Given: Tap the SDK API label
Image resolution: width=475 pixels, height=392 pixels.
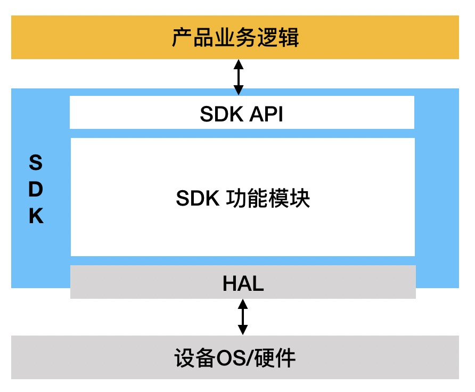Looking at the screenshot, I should (241, 114).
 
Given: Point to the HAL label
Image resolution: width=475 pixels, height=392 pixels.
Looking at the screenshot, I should (243, 284).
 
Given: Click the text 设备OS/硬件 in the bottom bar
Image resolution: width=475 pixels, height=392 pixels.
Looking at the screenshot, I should (235, 358).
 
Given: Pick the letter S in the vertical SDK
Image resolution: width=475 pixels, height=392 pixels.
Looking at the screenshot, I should (35, 162).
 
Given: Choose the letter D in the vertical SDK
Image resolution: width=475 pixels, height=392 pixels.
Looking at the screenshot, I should (36, 190).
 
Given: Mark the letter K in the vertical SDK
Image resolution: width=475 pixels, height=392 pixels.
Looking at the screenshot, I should (36, 217).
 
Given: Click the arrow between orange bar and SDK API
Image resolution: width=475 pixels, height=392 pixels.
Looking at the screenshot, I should (239, 77).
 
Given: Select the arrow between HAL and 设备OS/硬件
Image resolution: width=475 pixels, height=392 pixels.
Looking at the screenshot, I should (243, 317).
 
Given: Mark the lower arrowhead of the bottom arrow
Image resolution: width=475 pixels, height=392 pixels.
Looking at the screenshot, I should (243, 330).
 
